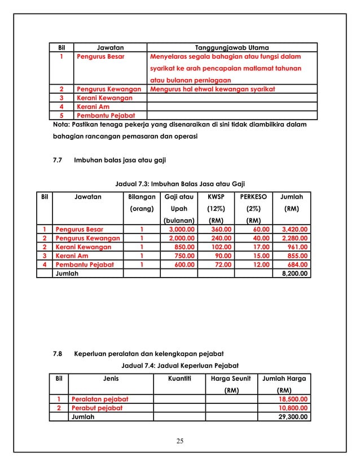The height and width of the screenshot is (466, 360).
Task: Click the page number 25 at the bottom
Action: [x=180, y=441]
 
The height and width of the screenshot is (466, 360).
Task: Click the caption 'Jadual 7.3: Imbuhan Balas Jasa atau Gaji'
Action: [x=179, y=184]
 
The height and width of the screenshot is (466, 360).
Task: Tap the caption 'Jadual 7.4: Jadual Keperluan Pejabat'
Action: [x=180, y=366]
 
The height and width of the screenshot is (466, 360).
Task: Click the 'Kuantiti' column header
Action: [x=179, y=379]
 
